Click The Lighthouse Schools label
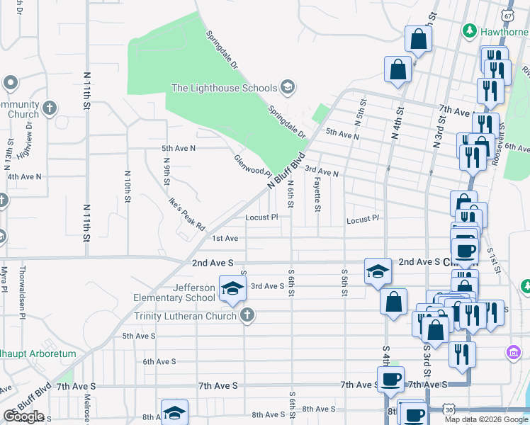tap(225, 88)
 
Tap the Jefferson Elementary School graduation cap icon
tap(230, 288)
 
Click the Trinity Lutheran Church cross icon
tap(247, 315)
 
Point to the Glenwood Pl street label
tap(254, 166)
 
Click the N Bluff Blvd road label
tap(286, 171)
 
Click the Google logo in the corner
tap(23, 416)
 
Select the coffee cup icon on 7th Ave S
tap(390, 379)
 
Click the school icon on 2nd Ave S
tap(378, 270)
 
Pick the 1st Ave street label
tap(225, 239)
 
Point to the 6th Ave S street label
tap(159, 361)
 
